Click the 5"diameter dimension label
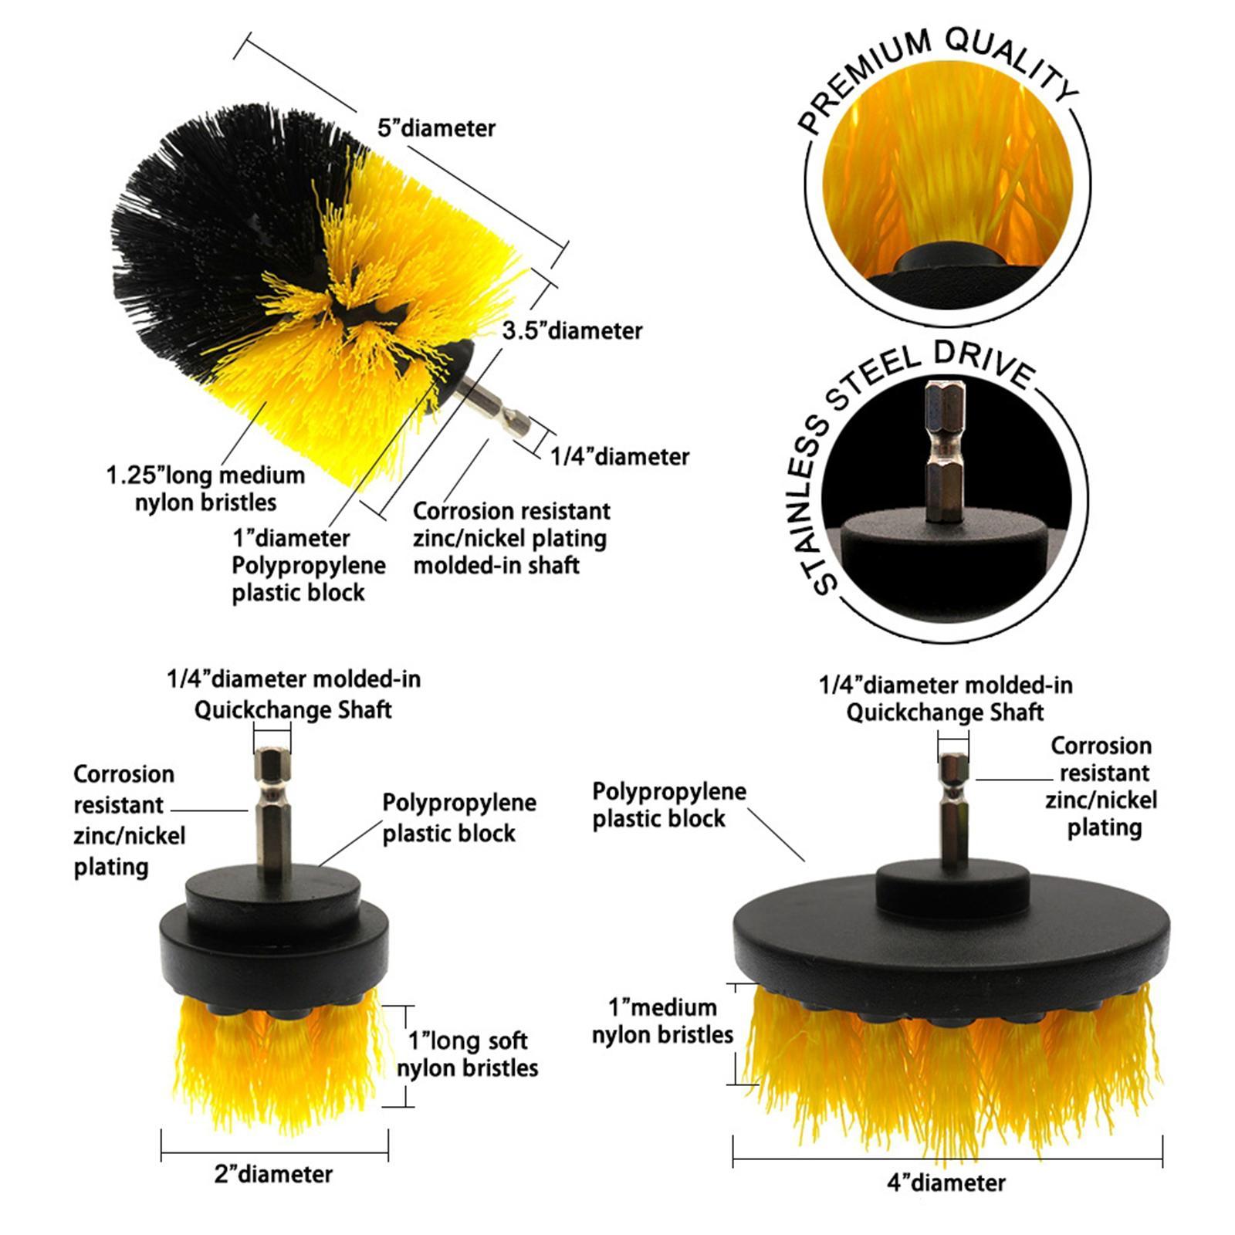(x=436, y=128)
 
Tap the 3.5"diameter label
(x=572, y=331)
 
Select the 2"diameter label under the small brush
(x=273, y=1174)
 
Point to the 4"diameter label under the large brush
(x=946, y=1183)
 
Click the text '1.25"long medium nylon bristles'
(x=205, y=489)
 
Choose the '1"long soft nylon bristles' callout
(x=468, y=1054)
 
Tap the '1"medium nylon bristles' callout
(x=662, y=1021)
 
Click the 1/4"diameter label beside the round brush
(x=619, y=457)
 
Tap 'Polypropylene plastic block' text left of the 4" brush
(x=668, y=805)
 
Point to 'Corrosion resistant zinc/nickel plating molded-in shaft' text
(x=511, y=538)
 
